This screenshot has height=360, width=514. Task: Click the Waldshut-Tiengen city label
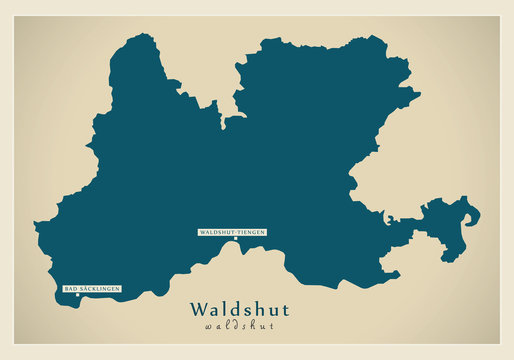pos(233,232)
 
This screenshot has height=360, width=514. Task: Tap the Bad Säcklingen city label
pos(92,289)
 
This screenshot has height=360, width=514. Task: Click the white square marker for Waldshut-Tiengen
pos(235,239)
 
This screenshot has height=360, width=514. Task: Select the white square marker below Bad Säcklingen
pos(77,295)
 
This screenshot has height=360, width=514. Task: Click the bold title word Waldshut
pos(238,310)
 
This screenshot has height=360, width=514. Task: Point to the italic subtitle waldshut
pos(238,326)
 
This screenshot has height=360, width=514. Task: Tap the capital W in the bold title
pos(197,310)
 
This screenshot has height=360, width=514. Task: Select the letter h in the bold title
pos(256,310)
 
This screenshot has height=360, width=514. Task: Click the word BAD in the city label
pos(70,289)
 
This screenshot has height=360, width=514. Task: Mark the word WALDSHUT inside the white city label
pos(217,232)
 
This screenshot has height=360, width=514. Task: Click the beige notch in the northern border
pos(236,95)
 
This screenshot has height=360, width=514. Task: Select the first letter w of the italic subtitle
pos(206,326)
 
